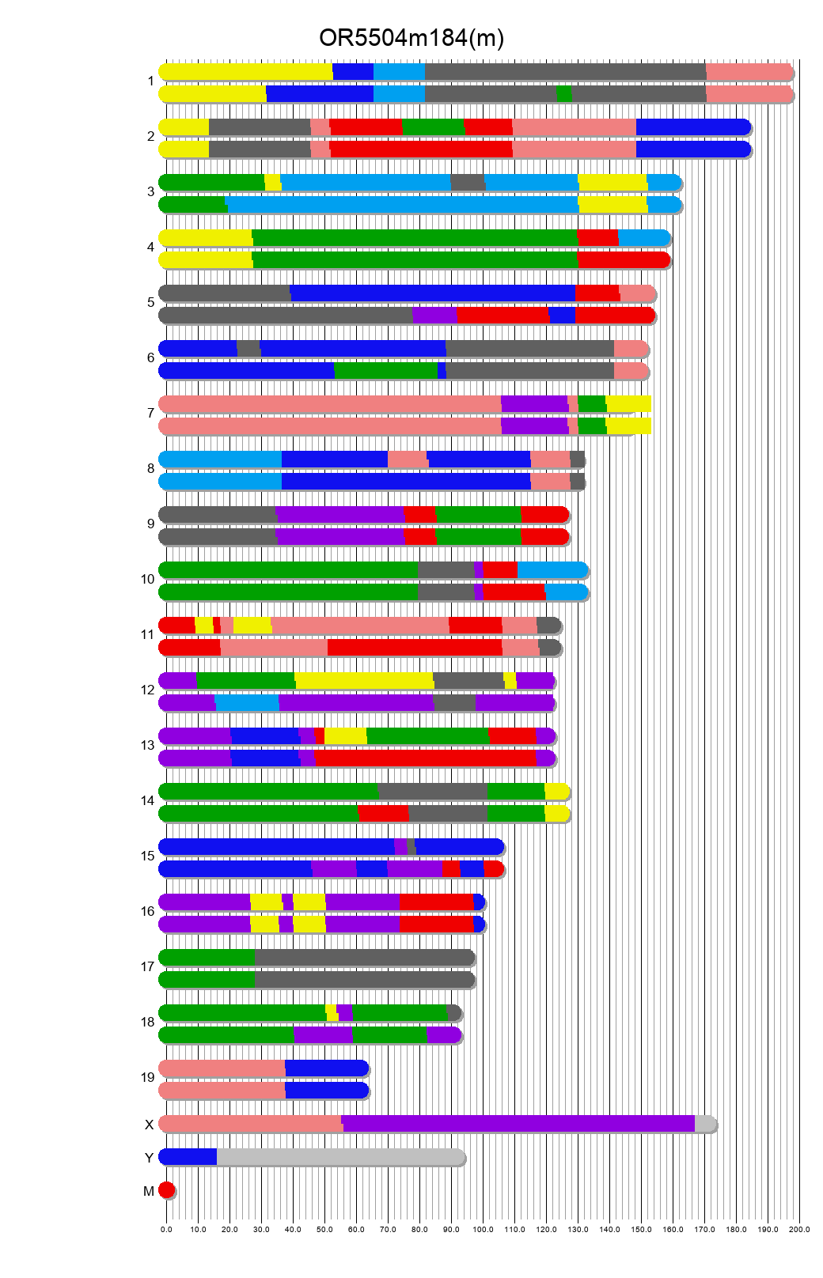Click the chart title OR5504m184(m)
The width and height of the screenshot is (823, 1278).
coord(411,38)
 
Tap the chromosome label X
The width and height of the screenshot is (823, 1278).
coord(149,1125)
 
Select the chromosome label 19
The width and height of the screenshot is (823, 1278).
coord(147,1077)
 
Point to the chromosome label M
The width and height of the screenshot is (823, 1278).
coord(148,1191)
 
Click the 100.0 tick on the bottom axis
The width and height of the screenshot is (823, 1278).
coord(483,1229)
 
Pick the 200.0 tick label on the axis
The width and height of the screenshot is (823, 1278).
coord(799,1229)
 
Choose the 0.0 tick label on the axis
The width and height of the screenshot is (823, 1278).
coord(166,1229)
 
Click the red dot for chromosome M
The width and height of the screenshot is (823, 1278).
coord(166,1190)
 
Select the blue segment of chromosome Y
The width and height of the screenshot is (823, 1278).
coord(188,1157)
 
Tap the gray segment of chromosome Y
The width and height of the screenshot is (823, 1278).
coord(340,1157)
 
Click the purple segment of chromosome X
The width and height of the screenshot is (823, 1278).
coord(518,1124)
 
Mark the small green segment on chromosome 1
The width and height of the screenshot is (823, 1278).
coord(564,94)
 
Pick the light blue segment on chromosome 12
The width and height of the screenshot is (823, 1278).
coord(247,703)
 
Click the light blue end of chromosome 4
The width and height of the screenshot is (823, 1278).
coord(643,238)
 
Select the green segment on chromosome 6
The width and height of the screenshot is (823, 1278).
coord(386,371)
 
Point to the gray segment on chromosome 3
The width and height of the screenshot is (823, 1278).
coord(468,183)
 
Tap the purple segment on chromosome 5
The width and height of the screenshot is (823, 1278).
coord(434,316)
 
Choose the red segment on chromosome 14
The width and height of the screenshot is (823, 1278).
coord(383,814)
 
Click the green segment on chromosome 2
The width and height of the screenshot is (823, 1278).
coord(433,127)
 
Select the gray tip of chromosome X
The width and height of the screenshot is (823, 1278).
coord(705,1124)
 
